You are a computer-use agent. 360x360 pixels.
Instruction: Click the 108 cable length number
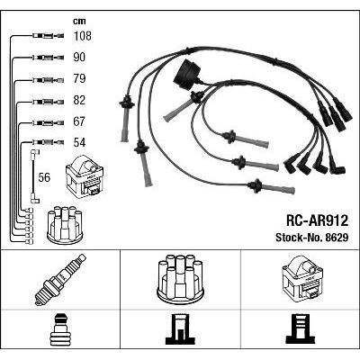[x=82, y=36]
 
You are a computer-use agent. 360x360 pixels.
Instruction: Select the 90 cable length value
[x=79, y=58]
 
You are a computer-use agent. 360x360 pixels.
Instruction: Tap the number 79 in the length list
[x=79, y=78]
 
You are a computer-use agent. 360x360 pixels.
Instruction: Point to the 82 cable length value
[x=79, y=100]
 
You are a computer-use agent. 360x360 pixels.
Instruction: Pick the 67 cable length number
[x=79, y=121]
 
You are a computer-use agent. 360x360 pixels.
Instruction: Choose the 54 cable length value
[x=79, y=142]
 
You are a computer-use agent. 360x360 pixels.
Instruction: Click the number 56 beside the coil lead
[x=44, y=177]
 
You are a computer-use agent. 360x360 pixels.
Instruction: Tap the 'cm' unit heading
[x=79, y=22]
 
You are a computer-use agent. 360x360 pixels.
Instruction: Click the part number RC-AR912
[x=317, y=220]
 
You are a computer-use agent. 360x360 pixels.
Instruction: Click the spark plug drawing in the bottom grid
[x=60, y=280]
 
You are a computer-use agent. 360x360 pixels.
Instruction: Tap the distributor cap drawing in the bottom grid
[x=180, y=279]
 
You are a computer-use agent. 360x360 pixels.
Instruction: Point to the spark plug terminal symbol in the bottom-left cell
[x=60, y=329]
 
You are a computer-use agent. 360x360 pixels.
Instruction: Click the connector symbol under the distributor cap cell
[x=180, y=329]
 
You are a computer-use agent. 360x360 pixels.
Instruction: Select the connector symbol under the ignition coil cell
[x=301, y=329]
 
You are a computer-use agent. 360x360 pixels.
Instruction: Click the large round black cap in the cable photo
[x=186, y=74]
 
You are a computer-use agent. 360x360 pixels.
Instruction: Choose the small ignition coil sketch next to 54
[x=85, y=175]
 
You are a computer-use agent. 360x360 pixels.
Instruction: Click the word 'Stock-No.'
[x=298, y=238]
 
